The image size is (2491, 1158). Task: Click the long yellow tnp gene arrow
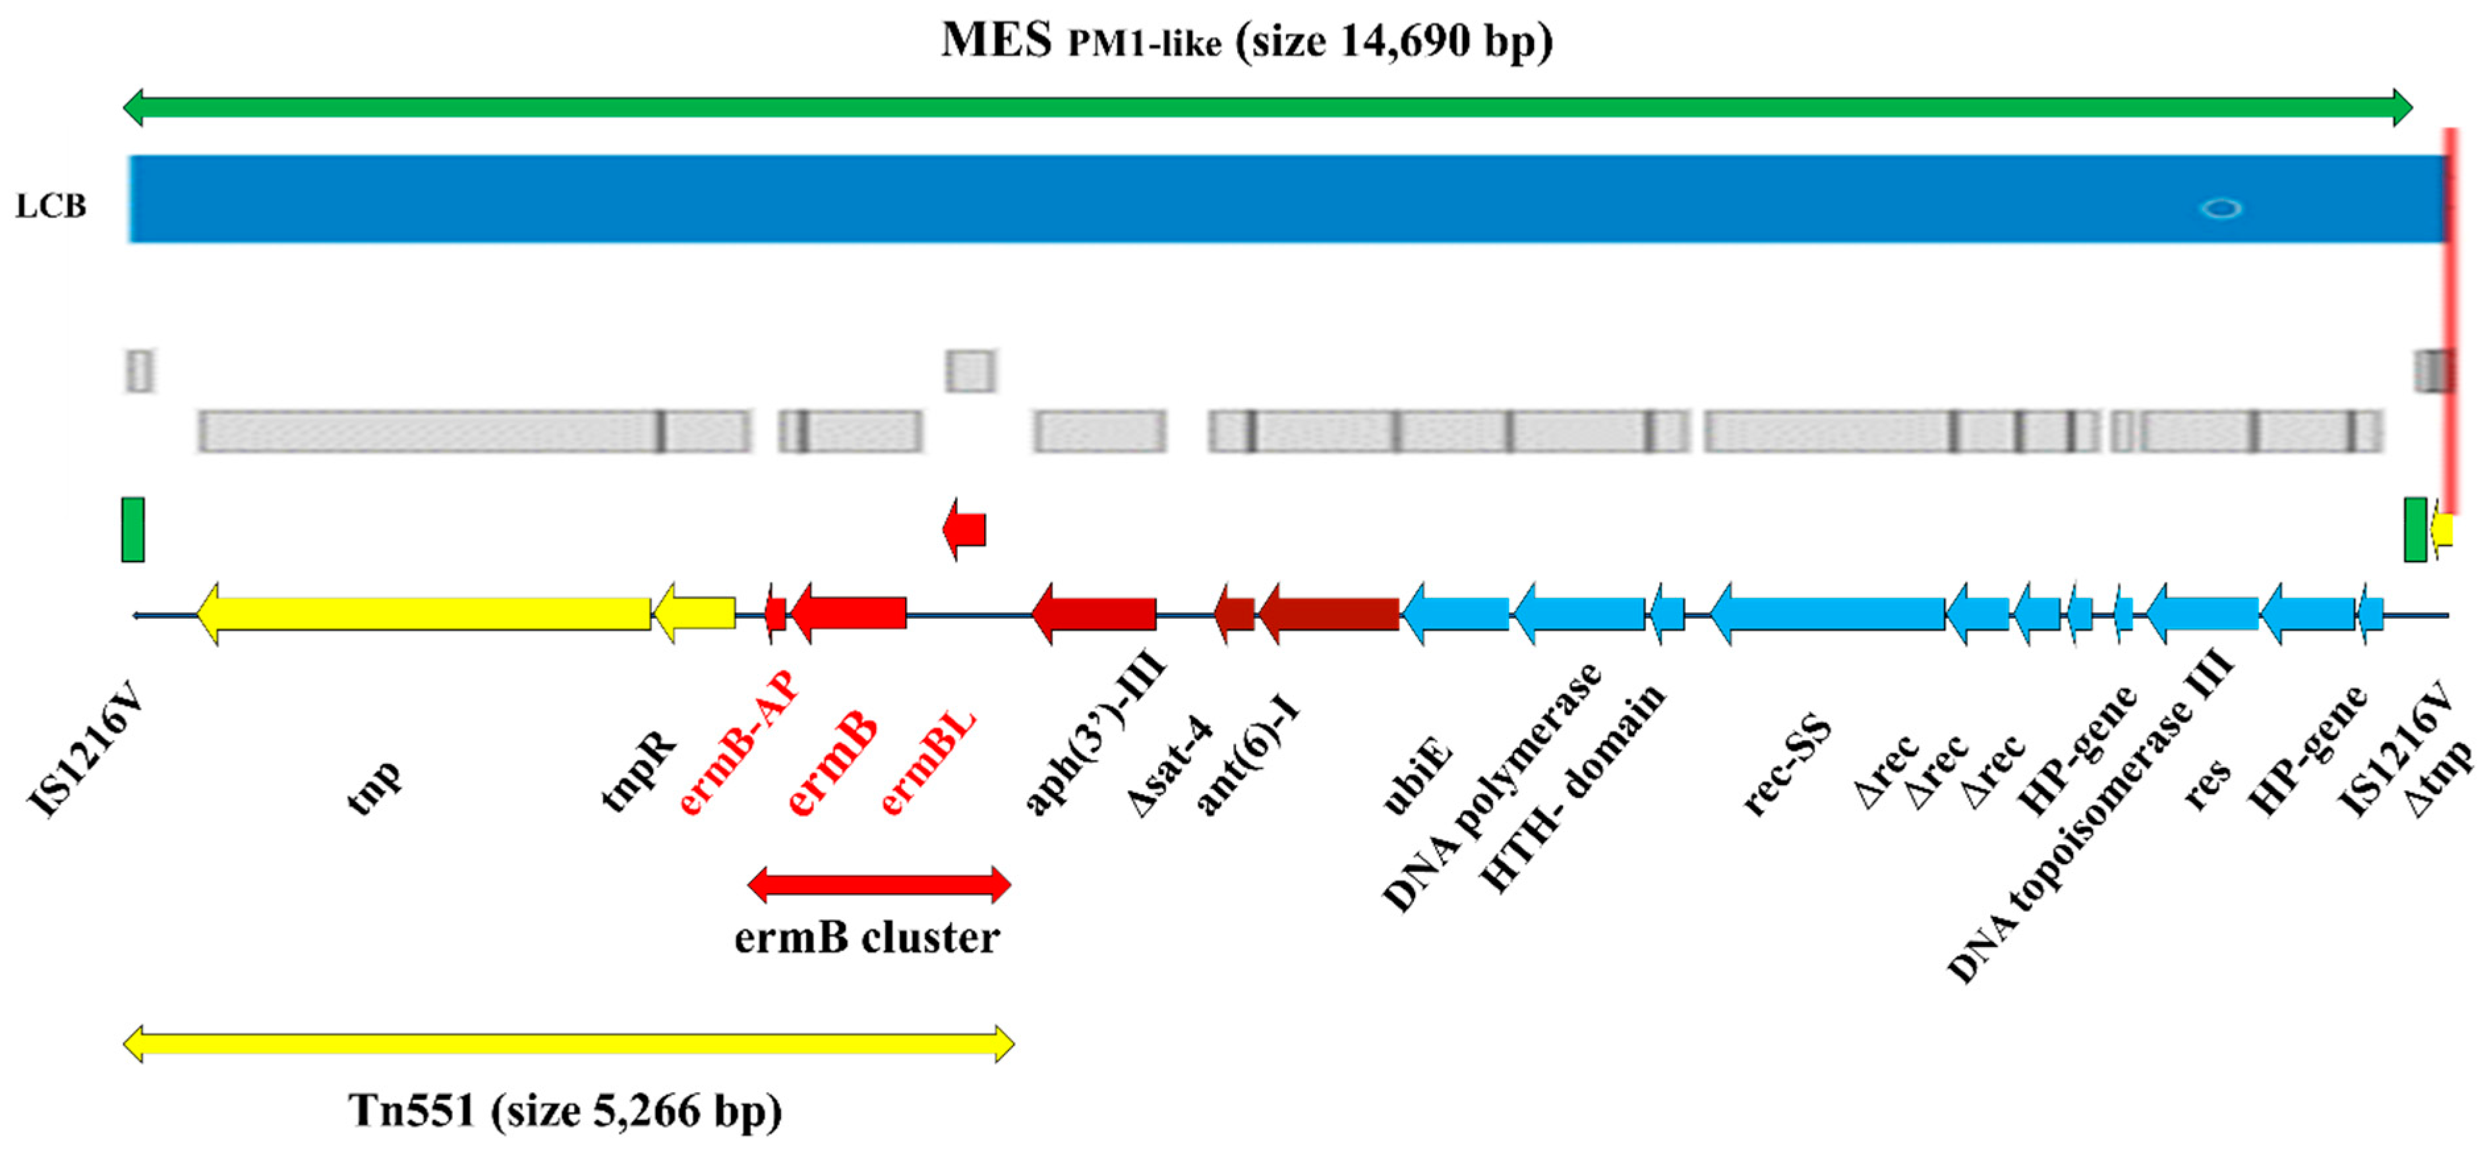[x=425, y=614]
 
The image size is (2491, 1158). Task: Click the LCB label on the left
[x=50, y=206]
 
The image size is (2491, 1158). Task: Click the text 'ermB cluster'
[x=866, y=938]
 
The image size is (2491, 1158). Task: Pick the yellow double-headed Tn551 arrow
[x=569, y=1044]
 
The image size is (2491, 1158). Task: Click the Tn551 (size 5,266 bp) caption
[x=565, y=1111]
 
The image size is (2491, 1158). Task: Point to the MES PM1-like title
[x=1246, y=42]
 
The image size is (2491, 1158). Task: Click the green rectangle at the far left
[x=132, y=530]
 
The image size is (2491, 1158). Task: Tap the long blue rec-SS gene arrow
[x=1828, y=614]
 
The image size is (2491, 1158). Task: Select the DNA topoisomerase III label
[x=2089, y=817]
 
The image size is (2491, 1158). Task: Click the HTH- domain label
[x=1571, y=788]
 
